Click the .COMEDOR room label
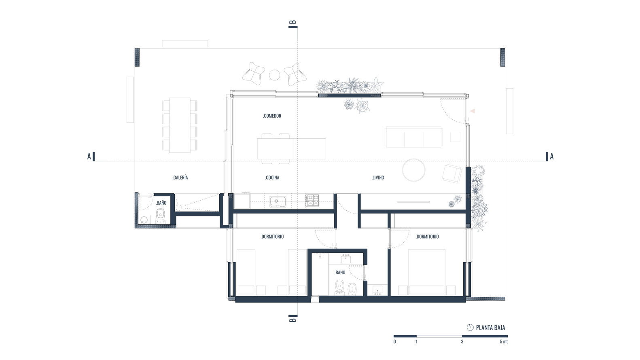[x=272, y=116]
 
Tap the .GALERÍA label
[x=180, y=178]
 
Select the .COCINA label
[x=272, y=178]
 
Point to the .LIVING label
[x=378, y=178]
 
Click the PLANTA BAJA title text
[x=490, y=328]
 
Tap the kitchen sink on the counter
[x=278, y=201]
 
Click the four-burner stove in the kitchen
[x=312, y=201]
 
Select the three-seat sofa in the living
[x=413, y=137]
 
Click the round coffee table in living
[x=413, y=170]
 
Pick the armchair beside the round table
[x=451, y=173]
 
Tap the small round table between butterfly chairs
[x=275, y=75]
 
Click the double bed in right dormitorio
[x=426, y=272]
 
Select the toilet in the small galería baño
[x=161, y=215]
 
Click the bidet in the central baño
[x=352, y=288]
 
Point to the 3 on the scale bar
[x=462, y=342]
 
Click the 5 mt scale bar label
[x=503, y=342]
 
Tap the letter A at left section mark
[x=89, y=157]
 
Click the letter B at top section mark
[x=294, y=22]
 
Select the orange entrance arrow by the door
[x=472, y=111]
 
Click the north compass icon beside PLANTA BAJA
[x=470, y=328]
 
